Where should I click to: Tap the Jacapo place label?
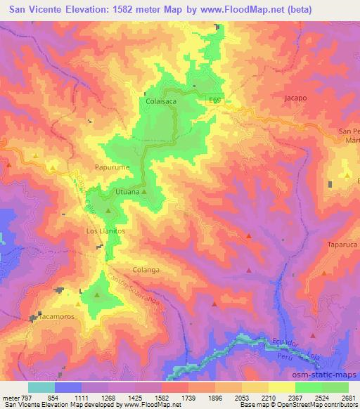[x=296, y=98]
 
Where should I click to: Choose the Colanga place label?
[x=147, y=269]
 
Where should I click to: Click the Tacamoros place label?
[x=51, y=318]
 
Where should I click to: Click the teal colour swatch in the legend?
[x=41, y=387]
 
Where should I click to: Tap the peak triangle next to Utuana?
[x=144, y=191]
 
